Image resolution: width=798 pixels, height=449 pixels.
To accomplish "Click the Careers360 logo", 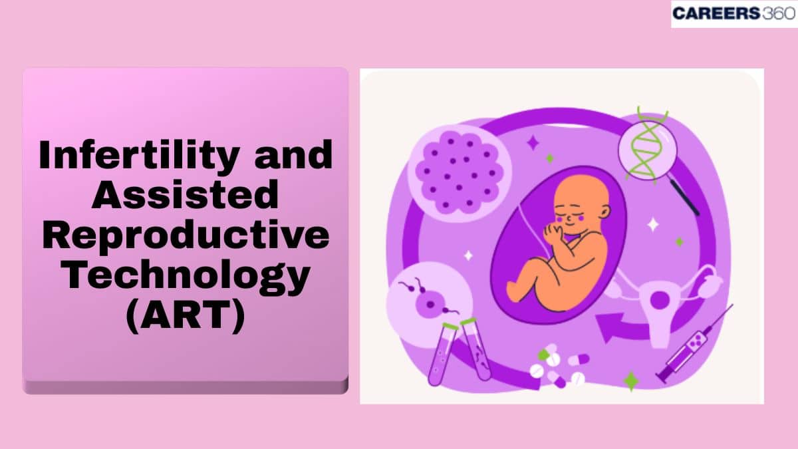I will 733,13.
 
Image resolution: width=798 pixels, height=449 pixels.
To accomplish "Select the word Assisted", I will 186,196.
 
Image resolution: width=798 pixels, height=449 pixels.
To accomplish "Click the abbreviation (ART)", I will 186,314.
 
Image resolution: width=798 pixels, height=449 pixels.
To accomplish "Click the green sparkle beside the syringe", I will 630,382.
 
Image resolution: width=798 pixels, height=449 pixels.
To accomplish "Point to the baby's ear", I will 602,213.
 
